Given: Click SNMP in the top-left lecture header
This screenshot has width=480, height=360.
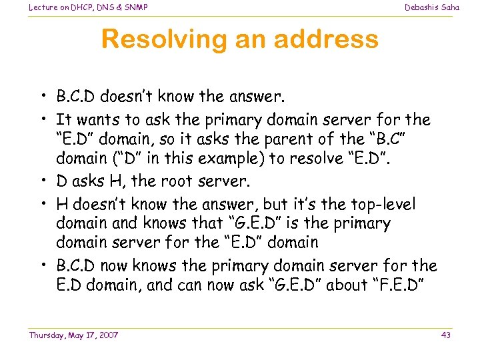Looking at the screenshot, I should [135, 7].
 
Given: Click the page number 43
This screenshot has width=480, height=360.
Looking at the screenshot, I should [446, 335].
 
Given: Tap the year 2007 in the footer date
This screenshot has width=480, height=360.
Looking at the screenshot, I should [107, 335].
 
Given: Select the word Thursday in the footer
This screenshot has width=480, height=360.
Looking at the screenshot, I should [45, 335].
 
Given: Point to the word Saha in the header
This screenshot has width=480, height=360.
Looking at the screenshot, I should [450, 7].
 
